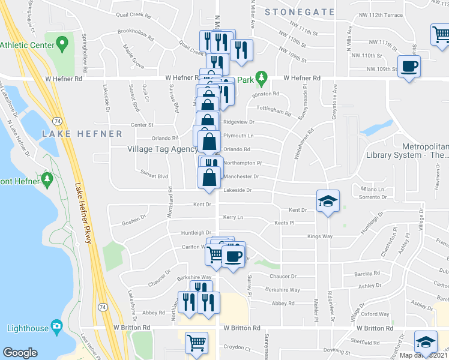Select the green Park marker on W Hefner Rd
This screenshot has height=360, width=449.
pos(261,79)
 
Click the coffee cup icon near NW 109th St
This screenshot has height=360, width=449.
pos(409,66)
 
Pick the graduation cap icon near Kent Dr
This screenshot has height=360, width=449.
pos(328,200)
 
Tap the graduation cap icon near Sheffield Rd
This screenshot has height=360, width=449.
pos(426,341)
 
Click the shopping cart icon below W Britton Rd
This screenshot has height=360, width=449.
pos(196,343)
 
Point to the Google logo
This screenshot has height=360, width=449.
pos(20,353)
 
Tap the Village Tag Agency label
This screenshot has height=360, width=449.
pos(162,149)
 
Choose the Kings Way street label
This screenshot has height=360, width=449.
pos(319,236)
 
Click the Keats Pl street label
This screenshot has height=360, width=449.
pos(283,223)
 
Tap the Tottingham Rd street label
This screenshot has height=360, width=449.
pos(274,110)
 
